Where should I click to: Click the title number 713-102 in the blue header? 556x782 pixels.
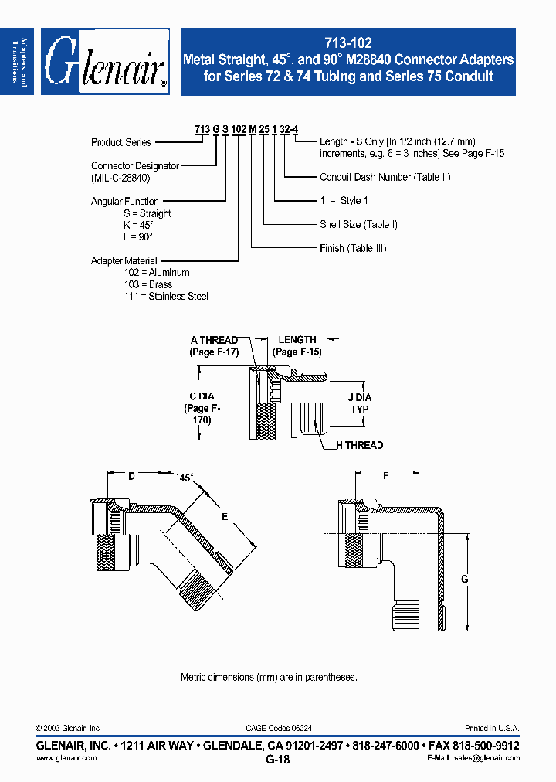(x=347, y=45)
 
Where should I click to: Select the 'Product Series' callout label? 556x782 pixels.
(x=121, y=142)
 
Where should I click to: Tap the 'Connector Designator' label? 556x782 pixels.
(x=135, y=166)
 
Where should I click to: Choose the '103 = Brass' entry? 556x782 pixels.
(x=148, y=284)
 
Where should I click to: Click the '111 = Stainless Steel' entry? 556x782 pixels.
(x=166, y=297)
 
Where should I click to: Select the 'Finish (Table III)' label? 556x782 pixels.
(x=353, y=248)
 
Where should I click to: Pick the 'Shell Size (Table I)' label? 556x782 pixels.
(x=358, y=225)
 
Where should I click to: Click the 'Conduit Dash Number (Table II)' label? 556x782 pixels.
(x=385, y=177)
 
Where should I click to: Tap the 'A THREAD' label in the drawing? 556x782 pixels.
(x=215, y=340)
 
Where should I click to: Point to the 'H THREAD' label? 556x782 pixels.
(x=359, y=445)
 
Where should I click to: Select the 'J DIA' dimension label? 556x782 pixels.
(x=359, y=398)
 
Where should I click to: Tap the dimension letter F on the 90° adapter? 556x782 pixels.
(x=385, y=476)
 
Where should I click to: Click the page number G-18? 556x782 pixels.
(x=277, y=760)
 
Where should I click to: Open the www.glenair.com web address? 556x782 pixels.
(x=67, y=759)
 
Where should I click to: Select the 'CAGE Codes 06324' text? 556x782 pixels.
(x=279, y=728)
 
